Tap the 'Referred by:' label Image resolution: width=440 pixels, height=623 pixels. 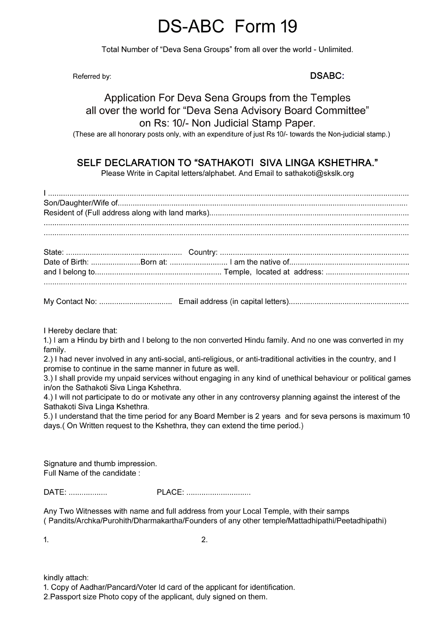point(92,76)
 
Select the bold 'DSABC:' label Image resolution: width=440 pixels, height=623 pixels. point(327,76)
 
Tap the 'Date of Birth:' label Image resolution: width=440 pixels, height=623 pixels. point(66,262)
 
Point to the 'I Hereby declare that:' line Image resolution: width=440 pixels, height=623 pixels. point(81,330)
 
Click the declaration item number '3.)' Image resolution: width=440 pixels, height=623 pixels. point(48,378)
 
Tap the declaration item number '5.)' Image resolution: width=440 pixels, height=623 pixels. point(48,416)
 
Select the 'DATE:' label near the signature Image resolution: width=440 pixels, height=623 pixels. point(55,492)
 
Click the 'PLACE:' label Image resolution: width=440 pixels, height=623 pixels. point(170,492)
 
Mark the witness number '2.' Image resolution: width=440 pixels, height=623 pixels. point(205,540)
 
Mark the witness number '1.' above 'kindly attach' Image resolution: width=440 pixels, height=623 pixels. point(46,540)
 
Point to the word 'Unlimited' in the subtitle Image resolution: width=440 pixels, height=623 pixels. point(335,49)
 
